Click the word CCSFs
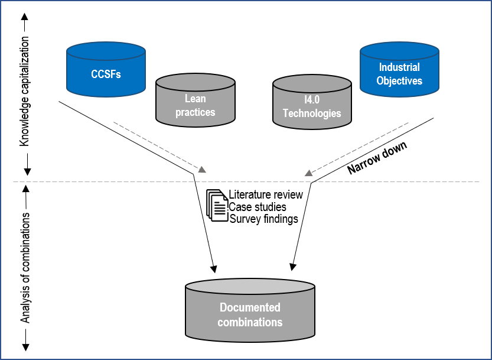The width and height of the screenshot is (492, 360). coord(106,74)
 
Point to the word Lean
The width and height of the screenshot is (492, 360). coord(195,99)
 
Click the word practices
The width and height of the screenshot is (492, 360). coord(195,112)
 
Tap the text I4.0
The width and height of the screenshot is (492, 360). coord(312,100)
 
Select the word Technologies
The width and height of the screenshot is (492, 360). coord(312,113)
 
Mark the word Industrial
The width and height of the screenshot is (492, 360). coord(399,67)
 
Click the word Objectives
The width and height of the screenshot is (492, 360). coord(399,80)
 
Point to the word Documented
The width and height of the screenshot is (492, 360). coord(250,307)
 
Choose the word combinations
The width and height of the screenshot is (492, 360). coord(250,322)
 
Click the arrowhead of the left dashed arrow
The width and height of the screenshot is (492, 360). coord(203,170)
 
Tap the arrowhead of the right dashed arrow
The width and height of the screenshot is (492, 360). coord(308,174)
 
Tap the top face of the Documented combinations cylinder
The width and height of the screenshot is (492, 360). coord(250,287)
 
